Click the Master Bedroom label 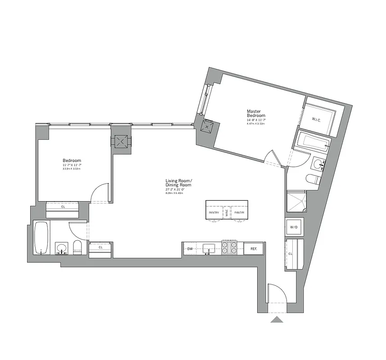[x=256, y=113]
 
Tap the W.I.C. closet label [x=318, y=119]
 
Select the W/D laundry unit [x=294, y=226]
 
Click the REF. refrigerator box [x=254, y=248]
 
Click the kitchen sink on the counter [x=208, y=248]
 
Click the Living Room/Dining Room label [x=178, y=183]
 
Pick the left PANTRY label [x=214, y=212]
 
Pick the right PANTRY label [x=239, y=212]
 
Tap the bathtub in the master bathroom [x=314, y=143]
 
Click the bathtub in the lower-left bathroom [x=41, y=238]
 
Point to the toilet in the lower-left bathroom [x=77, y=247]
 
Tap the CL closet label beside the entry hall [x=291, y=254]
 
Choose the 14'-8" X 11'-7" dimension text [x=255, y=121]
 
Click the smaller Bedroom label [x=72, y=161]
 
